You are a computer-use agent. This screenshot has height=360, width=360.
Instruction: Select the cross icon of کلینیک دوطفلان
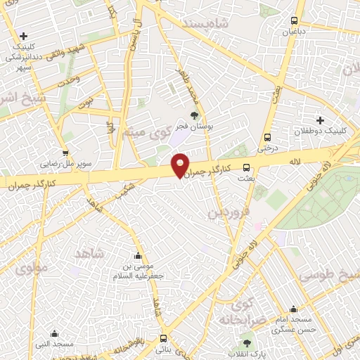click(x=320, y=120)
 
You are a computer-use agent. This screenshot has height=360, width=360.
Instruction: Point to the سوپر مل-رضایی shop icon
click(x=65, y=152)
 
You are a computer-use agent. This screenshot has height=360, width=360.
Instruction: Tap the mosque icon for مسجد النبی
click(x=54, y=334)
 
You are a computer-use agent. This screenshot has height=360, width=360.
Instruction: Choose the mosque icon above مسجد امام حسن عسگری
click(x=292, y=309)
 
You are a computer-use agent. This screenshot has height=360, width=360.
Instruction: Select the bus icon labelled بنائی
click(x=163, y=338)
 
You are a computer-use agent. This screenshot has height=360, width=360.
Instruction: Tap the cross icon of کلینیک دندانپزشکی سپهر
click(x=25, y=36)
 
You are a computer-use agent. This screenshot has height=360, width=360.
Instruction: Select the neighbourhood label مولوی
click(x=32, y=268)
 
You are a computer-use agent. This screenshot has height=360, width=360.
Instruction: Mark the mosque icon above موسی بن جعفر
click(x=138, y=255)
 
